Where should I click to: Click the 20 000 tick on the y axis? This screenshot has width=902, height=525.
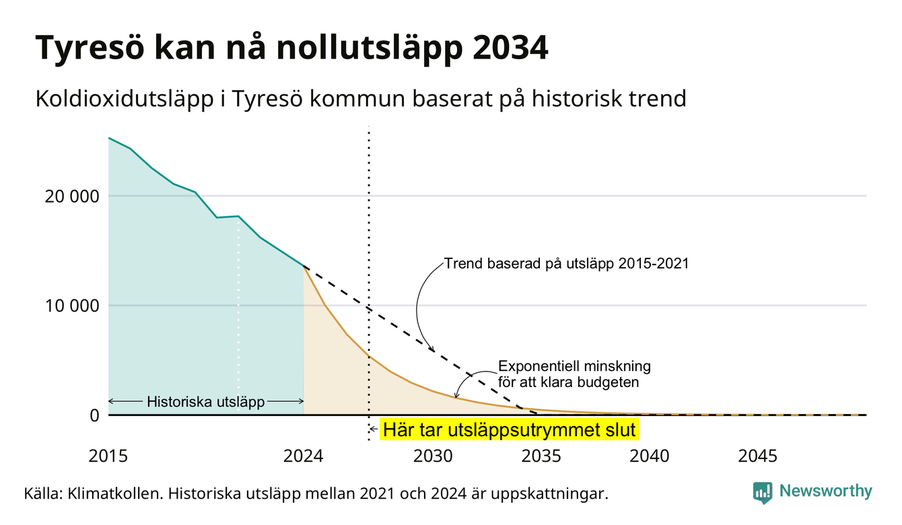pyautogui.click(x=71, y=197)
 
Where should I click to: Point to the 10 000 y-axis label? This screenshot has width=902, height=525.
pyautogui.click(x=71, y=306)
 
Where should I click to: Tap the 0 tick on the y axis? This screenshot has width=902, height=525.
pyautogui.click(x=95, y=415)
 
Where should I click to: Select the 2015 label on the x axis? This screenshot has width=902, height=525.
pyautogui.click(x=108, y=456)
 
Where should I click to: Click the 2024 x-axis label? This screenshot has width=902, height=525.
pyautogui.click(x=303, y=456)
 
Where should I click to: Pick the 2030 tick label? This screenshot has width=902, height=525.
pyautogui.click(x=433, y=456)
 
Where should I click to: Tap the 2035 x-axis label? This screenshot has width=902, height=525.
pyautogui.click(x=541, y=456)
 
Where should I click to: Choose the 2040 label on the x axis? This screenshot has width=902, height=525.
pyautogui.click(x=650, y=456)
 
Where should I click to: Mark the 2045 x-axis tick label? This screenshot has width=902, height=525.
pyautogui.click(x=757, y=456)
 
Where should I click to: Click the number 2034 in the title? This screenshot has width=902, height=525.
pyautogui.click(x=510, y=48)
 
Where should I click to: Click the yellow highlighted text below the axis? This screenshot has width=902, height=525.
pyautogui.click(x=510, y=429)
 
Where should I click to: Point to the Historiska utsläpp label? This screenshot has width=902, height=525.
pyautogui.click(x=206, y=401)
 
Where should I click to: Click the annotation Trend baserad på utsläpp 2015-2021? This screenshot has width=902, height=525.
pyautogui.click(x=567, y=263)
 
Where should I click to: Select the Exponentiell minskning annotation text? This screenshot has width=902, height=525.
pyautogui.click(x=574, y=366)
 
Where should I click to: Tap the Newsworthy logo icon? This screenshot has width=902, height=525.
pyautogui.click(x=763, y=493)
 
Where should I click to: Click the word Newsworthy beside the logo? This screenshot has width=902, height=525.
pyautogui.click(x=826, y=491)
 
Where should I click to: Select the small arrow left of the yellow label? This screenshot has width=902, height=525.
pyautogui.click(x=374, y=429)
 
